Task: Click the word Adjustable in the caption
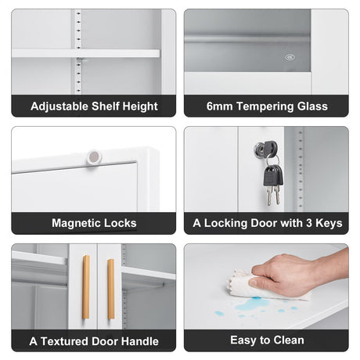click(59, 106)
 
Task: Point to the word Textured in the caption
click(64, 341)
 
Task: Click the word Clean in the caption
click(289, 340)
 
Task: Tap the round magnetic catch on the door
click(94, 157)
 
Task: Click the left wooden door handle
click(86, 287)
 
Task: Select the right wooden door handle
click(111, 289)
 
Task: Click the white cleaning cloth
click(261, 286)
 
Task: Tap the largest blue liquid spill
click(253, 304)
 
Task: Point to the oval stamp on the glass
click(290, 57)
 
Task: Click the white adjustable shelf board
click(85, 53)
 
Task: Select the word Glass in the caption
click(312, 106)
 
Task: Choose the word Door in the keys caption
click(263, 223)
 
